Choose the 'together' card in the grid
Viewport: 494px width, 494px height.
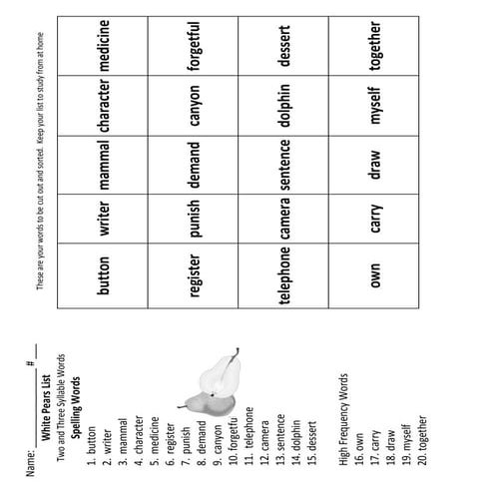377,47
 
